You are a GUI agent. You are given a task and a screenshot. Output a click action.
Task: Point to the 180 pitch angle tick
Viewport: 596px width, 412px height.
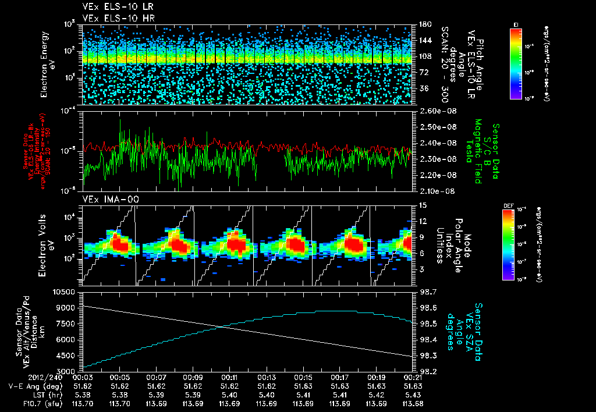click(424, 24)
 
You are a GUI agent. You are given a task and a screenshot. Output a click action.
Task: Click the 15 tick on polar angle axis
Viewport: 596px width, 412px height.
click(422, 205)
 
